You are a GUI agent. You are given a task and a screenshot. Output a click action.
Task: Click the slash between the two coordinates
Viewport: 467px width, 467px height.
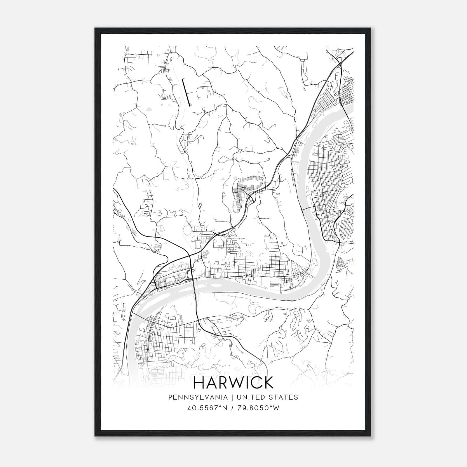coord(231,408)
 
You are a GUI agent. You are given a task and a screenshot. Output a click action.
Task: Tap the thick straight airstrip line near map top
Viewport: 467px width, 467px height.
coord(186,92)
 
